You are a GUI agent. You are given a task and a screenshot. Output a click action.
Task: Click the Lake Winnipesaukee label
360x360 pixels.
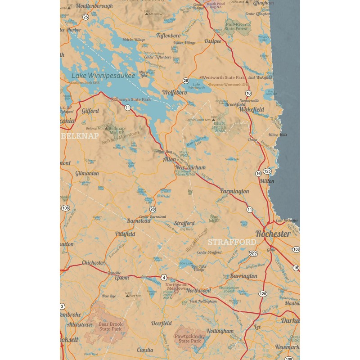(103, 76)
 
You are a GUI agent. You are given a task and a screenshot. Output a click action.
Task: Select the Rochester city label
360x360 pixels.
(273, 234)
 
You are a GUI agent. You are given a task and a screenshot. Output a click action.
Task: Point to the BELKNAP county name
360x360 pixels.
(80, 135)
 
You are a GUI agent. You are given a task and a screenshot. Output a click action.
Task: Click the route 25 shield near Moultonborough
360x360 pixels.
(85, 17)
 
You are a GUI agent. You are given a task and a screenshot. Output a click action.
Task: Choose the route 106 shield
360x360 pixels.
(66, 208)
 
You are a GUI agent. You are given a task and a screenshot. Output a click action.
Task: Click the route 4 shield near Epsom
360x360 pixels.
(164, 277)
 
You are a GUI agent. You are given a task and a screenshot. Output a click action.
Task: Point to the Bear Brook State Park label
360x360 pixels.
(110, 326)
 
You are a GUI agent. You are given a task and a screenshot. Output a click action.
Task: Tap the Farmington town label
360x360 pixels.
(234, 191)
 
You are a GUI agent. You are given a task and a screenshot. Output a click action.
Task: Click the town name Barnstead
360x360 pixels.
(138, 221)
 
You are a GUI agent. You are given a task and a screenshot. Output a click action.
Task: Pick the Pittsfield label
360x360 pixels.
(125, 234)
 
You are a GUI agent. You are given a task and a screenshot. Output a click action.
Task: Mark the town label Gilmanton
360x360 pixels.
(87, 173)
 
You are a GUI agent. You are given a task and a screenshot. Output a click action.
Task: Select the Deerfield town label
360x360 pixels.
(161, 323)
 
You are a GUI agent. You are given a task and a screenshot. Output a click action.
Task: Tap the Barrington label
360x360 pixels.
(243, 276)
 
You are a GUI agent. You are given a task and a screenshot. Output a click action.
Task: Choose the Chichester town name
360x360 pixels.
(93, 263)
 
